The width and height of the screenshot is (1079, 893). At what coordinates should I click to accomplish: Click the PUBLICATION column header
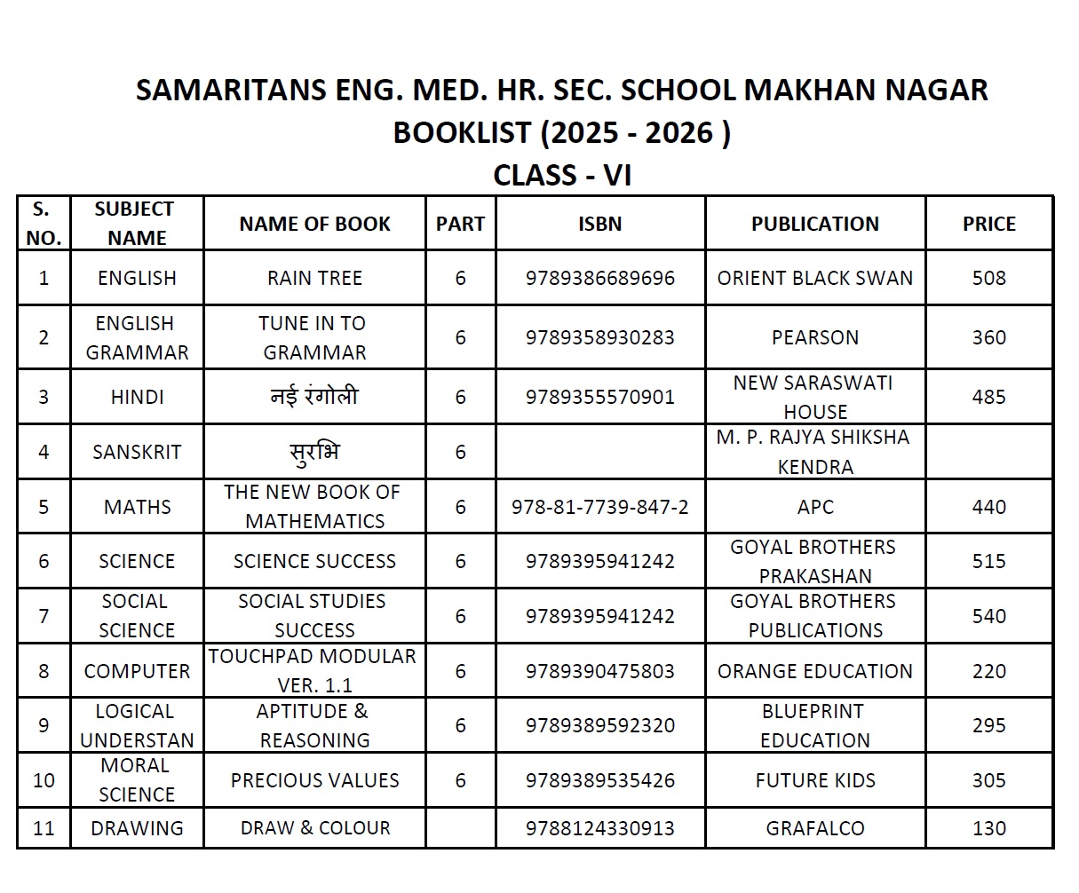click(x=814, y=224)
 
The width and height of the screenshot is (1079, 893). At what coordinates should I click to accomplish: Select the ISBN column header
click(x=599, y=224)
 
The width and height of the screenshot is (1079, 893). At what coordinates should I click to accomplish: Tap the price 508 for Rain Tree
click(x=988, y=278)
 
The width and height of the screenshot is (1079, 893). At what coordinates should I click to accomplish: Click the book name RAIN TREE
click(x=314, y=278)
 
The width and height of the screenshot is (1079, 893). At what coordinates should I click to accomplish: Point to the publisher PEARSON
click(x=814, y=337)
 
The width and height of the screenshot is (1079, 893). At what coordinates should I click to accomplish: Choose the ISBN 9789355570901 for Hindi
click(x=599, y=397)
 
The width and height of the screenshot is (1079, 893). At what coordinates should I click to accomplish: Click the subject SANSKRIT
click(x=137, y=452)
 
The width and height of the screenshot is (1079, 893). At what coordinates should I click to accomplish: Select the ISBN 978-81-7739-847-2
click(x=599, y=507)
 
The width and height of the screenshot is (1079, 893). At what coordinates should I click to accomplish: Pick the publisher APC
click(x=814, y=507)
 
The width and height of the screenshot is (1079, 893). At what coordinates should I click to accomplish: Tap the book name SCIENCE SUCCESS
click(x=314, y=561)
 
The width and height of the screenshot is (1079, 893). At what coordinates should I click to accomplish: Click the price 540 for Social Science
click(x=988, y=616)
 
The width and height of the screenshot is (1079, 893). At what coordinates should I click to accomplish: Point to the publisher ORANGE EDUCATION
click(x=814, y=671)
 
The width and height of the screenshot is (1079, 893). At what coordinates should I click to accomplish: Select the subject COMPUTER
click(x=137, y=671)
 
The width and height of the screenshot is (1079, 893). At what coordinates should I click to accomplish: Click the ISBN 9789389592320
click(x=599, y=725)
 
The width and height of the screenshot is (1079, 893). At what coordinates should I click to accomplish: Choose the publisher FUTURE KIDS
click(x=814, y=780)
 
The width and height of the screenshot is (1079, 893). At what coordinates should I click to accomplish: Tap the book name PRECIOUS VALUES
click(x=314, y=780)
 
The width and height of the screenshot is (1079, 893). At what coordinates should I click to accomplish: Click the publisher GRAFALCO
click(x=814, y=828)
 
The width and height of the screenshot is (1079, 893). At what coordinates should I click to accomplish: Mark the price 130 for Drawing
click(x=988, y=828)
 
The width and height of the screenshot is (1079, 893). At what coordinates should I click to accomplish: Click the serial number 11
click(x=44, y=828)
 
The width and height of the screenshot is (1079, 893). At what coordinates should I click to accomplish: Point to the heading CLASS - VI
click(x=562, y=175)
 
